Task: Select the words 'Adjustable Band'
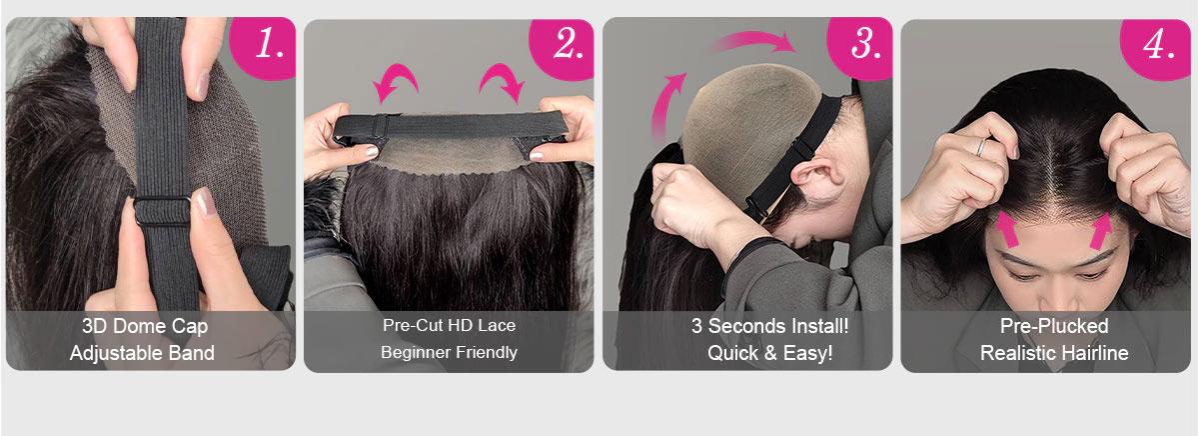coord(142,352)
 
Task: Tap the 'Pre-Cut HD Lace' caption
coord(449,325)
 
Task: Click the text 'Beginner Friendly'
coord(449,352)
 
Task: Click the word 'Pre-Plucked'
coord(1054,326)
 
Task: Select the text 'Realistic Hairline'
coord(1054,353)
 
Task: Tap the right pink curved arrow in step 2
coord(502,81)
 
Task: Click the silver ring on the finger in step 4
coord(983,146)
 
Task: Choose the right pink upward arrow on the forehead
coord(1102,230)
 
